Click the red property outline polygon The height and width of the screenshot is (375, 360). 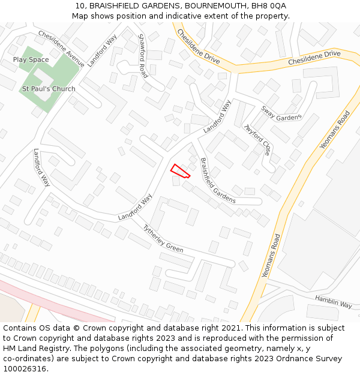(180, 171)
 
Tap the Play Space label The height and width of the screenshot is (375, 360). (31, 60)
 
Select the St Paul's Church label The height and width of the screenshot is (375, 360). (49, 89)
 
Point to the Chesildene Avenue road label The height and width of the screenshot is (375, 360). (61, 47)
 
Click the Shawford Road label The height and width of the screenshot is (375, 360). (143, 56)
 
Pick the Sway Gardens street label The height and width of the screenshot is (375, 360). (281, 113)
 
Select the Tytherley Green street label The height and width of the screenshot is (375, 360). (163, 239)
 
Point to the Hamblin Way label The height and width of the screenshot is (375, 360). (334, 301)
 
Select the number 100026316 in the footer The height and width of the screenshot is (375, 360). (25, 369)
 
